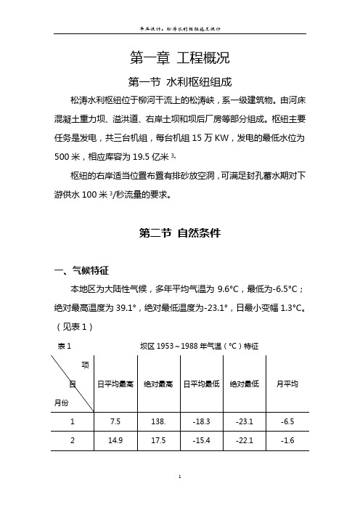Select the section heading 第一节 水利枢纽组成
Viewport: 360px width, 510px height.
pos(179,81)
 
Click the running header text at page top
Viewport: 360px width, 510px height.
pos(179,29)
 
